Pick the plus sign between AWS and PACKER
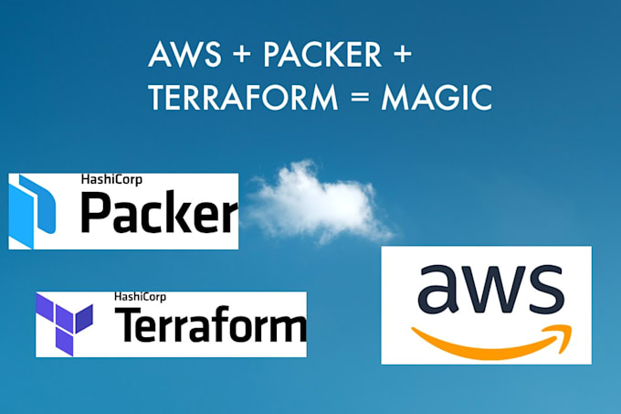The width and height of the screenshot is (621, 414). [x=239, y=55]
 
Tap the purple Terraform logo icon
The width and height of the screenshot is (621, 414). [x=65, y=324]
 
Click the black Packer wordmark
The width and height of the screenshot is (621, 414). [x=158, y=216]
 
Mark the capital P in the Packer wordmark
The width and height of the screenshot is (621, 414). [x=98, y=216]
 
